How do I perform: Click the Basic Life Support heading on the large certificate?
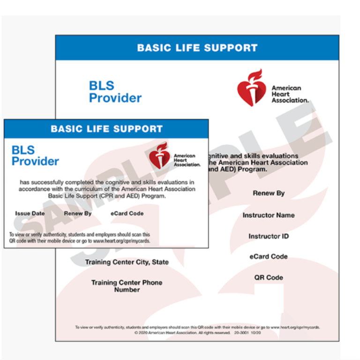point(197,48)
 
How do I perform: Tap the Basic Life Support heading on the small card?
point(106,129)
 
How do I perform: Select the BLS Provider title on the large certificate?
point(115,92)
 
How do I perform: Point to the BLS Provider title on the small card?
point(35,156)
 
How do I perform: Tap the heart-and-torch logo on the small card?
point(159,155)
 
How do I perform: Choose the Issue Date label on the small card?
point(30,213)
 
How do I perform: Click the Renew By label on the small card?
point(78,213)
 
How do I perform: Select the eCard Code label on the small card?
point(127,213)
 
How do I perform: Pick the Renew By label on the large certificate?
point(269,193)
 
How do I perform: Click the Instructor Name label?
point(269,215)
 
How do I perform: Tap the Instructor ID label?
point(269,236)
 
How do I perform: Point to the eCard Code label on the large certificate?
point(269,256)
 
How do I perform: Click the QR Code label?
point(269,277)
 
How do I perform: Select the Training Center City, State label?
point(127,262)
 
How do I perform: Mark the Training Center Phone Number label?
point(127,286)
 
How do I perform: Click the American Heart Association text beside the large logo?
point(290,94)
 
